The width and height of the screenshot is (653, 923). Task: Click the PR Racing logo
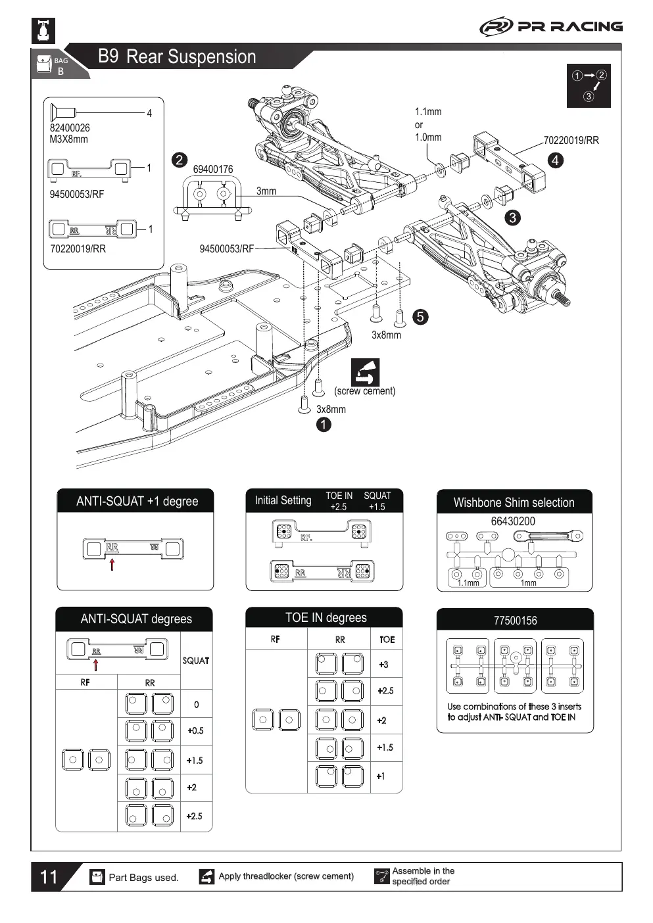tap(551, 26)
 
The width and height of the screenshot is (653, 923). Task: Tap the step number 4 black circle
tap(555, 160)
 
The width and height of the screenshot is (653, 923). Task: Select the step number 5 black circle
tap(420, 316)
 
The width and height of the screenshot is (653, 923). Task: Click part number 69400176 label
tap(212, 170)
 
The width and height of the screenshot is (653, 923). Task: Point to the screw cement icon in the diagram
tap(365, 371)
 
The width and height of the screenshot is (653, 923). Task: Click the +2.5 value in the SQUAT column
tap(194, 816)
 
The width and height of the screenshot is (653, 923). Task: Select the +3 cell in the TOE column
tap(383, 664)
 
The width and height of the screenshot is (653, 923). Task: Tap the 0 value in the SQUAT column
tap(196, 704)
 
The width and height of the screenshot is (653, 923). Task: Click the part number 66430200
tap(513, 521)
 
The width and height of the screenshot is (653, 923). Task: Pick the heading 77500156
tap(516, 621)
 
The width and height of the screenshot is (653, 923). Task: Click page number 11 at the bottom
tap(49, 877)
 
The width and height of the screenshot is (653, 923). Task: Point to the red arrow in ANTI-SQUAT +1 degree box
tap(112, 564)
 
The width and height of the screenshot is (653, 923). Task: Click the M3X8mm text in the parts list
tap(68, 139)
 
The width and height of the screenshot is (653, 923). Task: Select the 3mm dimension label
tap(266, 191)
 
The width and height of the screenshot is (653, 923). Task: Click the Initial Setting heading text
tap(283, 500)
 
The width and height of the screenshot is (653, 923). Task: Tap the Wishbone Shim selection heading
tap(514, 502)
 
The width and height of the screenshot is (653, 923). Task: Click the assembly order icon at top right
tap(589, 85)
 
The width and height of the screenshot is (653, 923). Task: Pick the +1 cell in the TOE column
tap(381, 776)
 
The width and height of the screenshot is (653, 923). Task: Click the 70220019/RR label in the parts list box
tap(78, 249)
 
